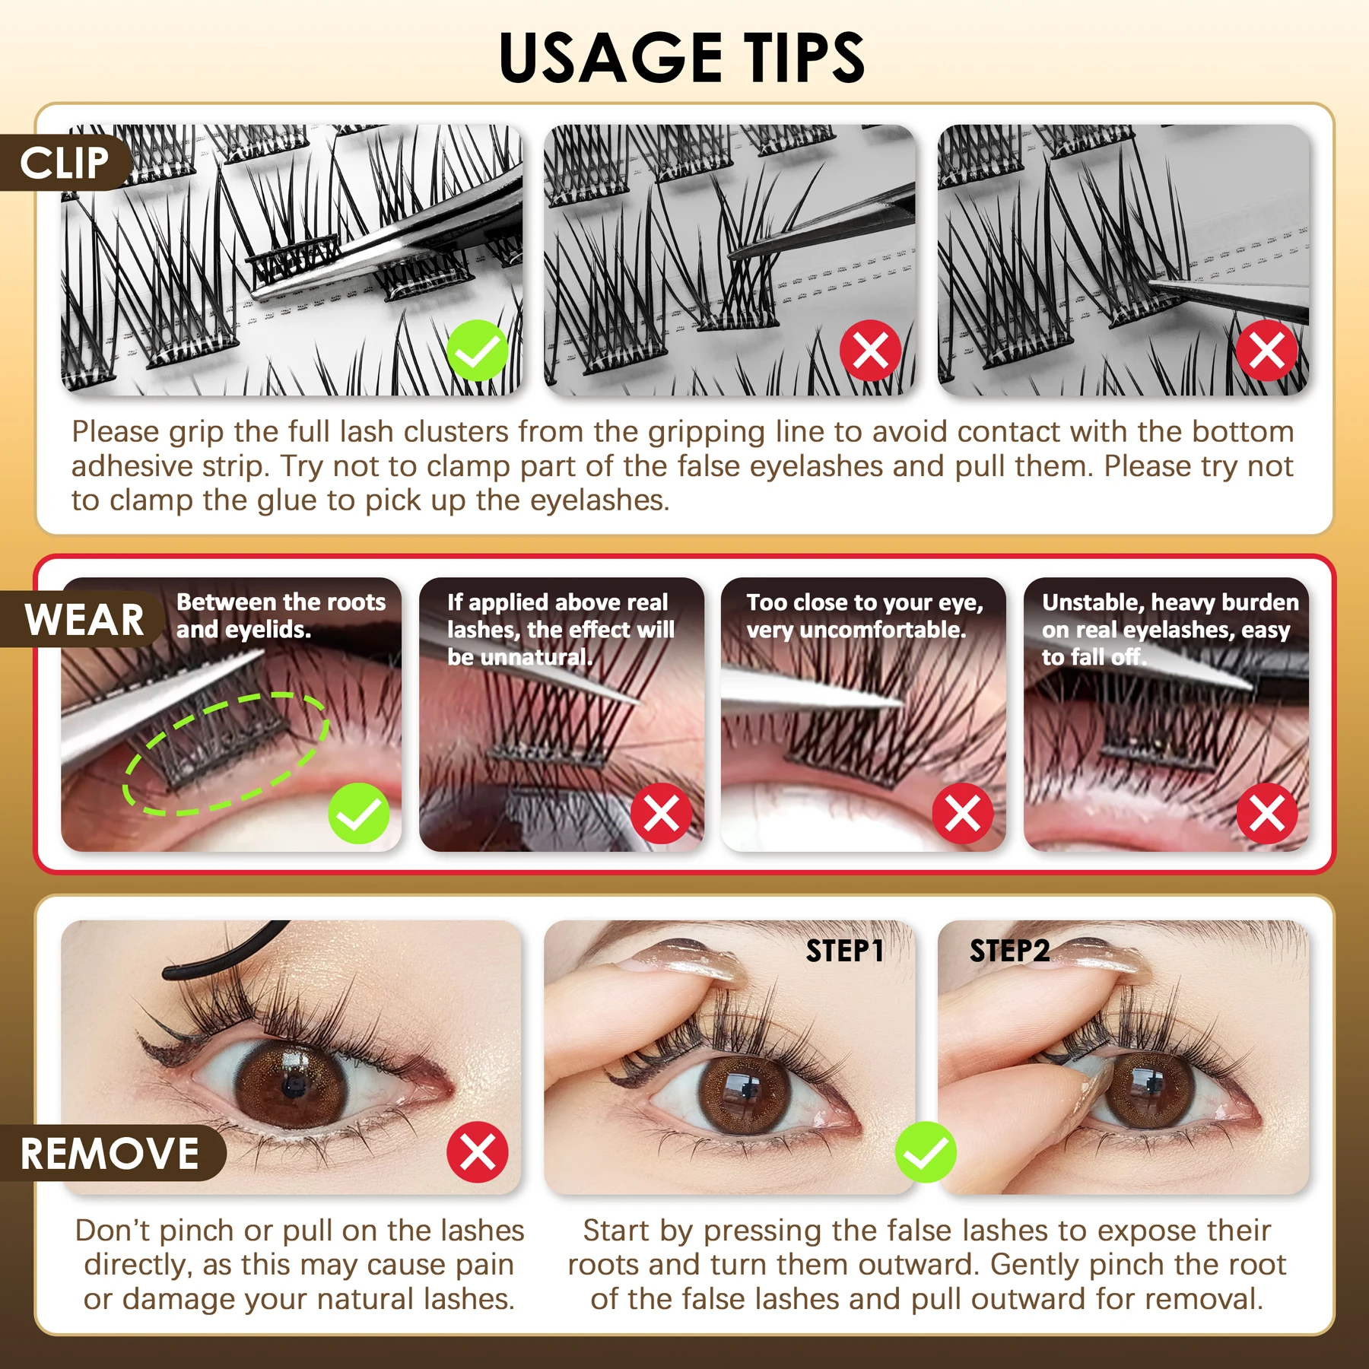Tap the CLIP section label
65,163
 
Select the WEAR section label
84,619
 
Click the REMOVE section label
110,1153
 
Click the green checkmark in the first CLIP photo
478,350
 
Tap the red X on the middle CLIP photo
870,351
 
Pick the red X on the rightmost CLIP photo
1266,351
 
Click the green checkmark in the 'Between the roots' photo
359,813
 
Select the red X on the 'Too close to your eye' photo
963,813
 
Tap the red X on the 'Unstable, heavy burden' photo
1267,813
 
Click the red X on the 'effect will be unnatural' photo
661,813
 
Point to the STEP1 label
844,951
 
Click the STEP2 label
1009,951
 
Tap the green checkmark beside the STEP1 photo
926,1151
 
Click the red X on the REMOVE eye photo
478,1151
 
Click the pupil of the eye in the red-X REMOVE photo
293,1085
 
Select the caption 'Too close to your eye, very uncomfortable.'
864,616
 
